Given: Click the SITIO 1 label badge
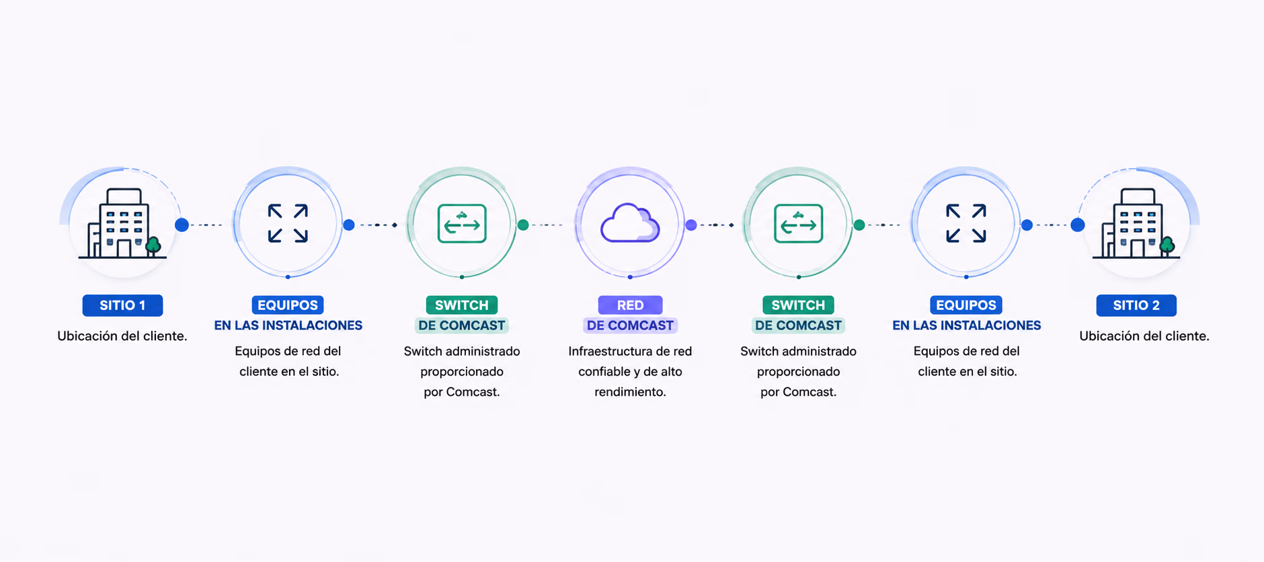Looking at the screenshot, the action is point(122,305).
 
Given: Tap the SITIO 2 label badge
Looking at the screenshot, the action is point(1136,305).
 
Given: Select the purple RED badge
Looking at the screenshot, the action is point(630,305).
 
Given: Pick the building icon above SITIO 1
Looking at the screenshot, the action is point(122,223).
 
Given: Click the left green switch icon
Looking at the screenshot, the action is point(462,223).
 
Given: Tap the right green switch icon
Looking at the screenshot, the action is point(798,223).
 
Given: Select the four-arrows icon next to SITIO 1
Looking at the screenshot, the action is point(288,223).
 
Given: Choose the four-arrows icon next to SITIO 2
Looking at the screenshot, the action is point(966,223).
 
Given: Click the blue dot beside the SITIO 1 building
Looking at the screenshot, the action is point(182,225).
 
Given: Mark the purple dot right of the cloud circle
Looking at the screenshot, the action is point(691,225).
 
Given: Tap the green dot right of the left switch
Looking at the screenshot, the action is point(523,225).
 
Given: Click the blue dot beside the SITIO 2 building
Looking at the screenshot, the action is point(1078,225).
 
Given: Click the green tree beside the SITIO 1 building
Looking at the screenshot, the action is point(153,246).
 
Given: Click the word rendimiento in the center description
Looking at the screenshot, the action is point(630,391).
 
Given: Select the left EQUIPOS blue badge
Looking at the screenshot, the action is point(288,305).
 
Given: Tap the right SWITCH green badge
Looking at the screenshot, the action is point(798,305).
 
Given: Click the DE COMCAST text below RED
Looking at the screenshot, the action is point(630,325).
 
